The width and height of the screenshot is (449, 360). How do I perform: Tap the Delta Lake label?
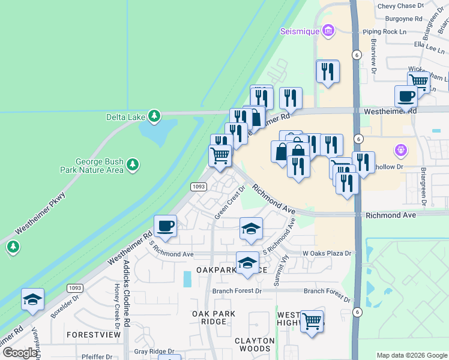125,116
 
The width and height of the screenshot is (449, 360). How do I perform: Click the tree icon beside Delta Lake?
154,115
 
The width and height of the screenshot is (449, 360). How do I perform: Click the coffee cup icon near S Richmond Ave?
165,226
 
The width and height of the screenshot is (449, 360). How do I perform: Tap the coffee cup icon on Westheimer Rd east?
406,96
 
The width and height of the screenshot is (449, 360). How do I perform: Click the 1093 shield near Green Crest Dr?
199,187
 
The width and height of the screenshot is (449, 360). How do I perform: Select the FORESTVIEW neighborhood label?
90,334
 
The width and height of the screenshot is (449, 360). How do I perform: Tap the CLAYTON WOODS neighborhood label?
254,344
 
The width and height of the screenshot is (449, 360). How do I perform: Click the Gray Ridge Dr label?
154,352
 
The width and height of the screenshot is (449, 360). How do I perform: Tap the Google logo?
20,353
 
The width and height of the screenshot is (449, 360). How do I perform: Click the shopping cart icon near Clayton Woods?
312,322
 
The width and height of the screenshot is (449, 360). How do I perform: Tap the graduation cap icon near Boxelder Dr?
32,299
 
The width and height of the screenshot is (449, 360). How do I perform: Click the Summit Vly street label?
277,269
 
